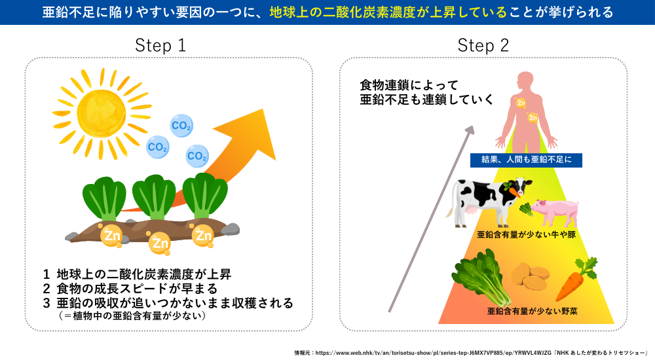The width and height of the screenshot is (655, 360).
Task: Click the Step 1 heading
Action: pyautogui.click(x=160, y=45)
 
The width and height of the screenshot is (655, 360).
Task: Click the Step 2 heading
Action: pyautogui.click(x=483, y=45)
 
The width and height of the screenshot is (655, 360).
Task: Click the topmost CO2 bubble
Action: pyautogui.click(x=181, y=125)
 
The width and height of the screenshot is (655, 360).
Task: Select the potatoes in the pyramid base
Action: pyautogui.click(x=529, y=278)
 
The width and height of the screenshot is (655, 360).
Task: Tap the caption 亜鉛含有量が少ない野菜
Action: pyautogui.click(x=532, y=312)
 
